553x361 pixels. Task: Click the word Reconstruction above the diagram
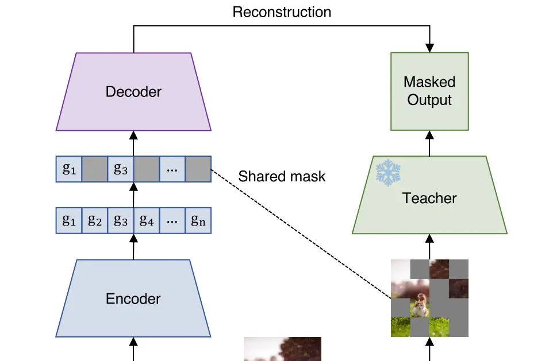click(x=282, y=12)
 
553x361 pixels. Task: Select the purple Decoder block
click(x=133, y=92)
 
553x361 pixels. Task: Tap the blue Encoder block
click(x=133, y=298)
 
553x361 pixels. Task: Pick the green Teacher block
click(x=429, y=198)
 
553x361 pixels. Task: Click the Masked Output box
click(x=429, y=91)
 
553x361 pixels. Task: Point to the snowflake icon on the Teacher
click(x=387, y=173)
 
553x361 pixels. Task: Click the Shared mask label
click(x=282, y=176)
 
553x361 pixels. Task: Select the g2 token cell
click(x=95, y=221)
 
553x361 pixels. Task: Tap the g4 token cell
click(x=147, y=221)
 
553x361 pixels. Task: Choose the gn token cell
click(x=198, y=221)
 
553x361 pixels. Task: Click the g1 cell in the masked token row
click(x=69, y=169)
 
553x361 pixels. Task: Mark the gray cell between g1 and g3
click(x=95, y=169)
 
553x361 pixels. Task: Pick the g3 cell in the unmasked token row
click(x=121, y=221)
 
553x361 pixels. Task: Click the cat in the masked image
click(x=420, y=305)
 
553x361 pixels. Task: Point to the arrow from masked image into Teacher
click(x=429, y=247)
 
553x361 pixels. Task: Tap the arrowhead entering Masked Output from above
click(x=429, y=47)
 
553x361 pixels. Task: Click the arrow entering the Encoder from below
click(x=133, y=349)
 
